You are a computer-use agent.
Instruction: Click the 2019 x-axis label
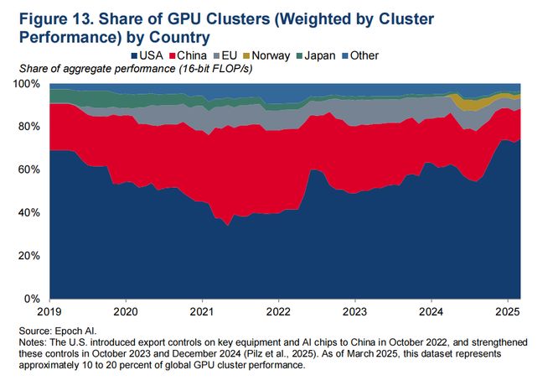tap(49, 310)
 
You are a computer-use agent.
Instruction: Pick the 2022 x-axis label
tap(278, 310)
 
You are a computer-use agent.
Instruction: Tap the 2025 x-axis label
tap(507, 310)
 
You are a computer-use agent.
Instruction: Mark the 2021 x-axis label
tap(202, 310)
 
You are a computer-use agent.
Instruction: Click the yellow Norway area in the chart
tap(460, 103)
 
